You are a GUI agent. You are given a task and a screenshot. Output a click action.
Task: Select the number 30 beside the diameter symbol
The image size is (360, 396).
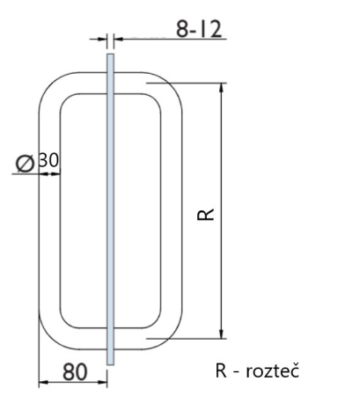pyautogui.click(x=48, y=163)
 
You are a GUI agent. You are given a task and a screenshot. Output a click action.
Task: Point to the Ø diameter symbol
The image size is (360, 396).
pyautogui.click(x=26, y=163)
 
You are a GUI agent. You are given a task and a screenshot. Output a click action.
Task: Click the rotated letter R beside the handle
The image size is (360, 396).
pyautogui.click(x=204, y=214)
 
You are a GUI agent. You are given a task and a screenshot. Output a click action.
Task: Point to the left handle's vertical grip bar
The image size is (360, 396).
pyautogui.click(x=49, y=211)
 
